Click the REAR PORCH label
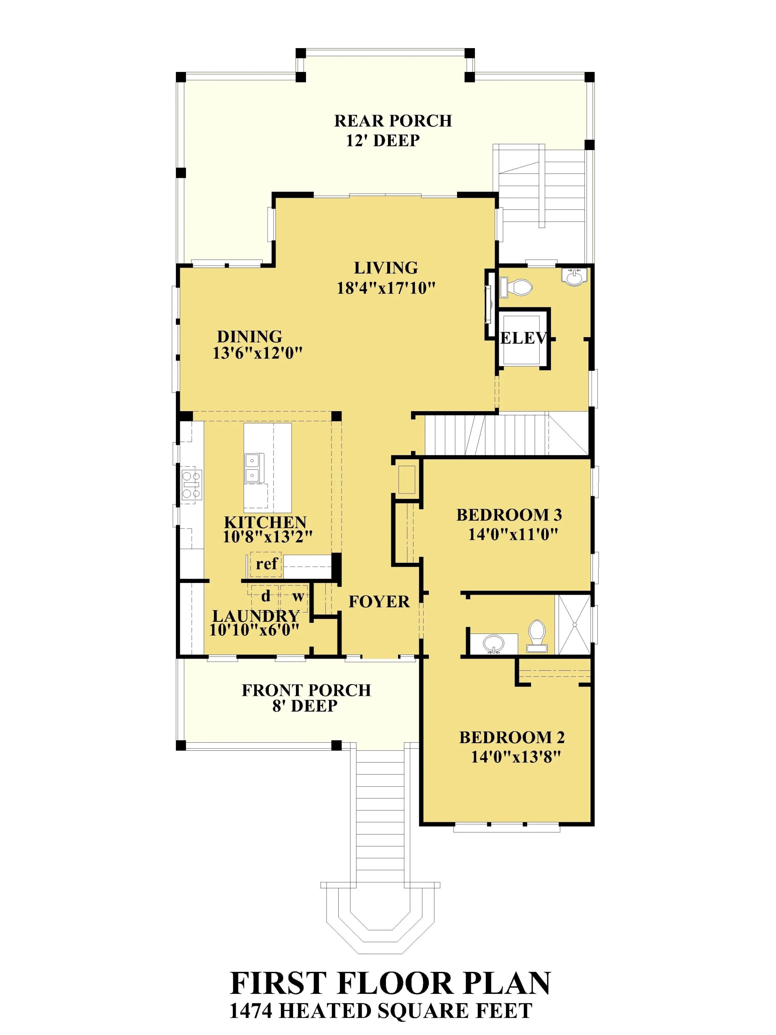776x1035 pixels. (392, 121)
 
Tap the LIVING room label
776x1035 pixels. (386, 268)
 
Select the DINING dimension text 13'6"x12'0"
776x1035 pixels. (258, 353)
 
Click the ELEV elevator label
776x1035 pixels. (523, 338)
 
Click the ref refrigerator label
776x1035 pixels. (267, 563)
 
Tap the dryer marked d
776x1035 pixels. (266, 596)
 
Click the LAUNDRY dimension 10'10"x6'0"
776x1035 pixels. (254, 630)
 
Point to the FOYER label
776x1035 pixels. (379, 602)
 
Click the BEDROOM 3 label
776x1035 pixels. (509, 515)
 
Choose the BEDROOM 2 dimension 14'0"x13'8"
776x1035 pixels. (515, 756)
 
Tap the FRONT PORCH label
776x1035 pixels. (306, 690)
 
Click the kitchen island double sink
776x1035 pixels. (254, 468)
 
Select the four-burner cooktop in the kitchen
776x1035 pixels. (191, 485)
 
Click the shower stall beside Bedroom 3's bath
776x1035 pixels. (573, 624)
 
